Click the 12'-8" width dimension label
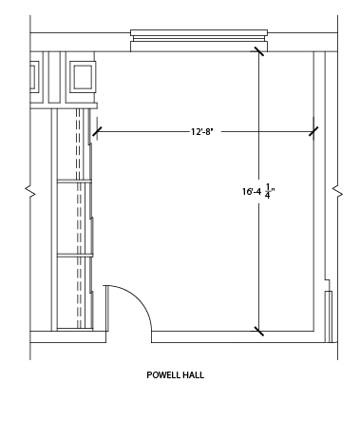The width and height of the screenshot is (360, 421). [202, 131]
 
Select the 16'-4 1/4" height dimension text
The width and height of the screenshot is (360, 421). [258, 191]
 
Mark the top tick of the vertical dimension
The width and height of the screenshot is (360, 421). [259, 51]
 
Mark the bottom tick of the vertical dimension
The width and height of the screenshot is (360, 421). [259, 332]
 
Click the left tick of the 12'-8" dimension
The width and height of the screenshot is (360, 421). [97, 131]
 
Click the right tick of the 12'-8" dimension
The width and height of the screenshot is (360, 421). [313, 131]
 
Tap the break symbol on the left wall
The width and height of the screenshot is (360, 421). [30, 192]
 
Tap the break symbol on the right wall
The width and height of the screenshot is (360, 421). [337, 192]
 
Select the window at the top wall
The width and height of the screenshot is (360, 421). [199, 41]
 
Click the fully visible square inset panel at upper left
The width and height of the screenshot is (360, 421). [83, 77]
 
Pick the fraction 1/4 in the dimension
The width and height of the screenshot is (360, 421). [268, 191]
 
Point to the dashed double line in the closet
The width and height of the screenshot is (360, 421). [79, 219]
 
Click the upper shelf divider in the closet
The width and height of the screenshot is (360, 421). [74, 181]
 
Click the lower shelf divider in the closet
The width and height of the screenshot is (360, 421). [75, 255]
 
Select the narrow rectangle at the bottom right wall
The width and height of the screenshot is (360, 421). [329, 316]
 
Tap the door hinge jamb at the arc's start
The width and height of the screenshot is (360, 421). [106, 309]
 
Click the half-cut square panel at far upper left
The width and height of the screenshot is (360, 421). [34, 77]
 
